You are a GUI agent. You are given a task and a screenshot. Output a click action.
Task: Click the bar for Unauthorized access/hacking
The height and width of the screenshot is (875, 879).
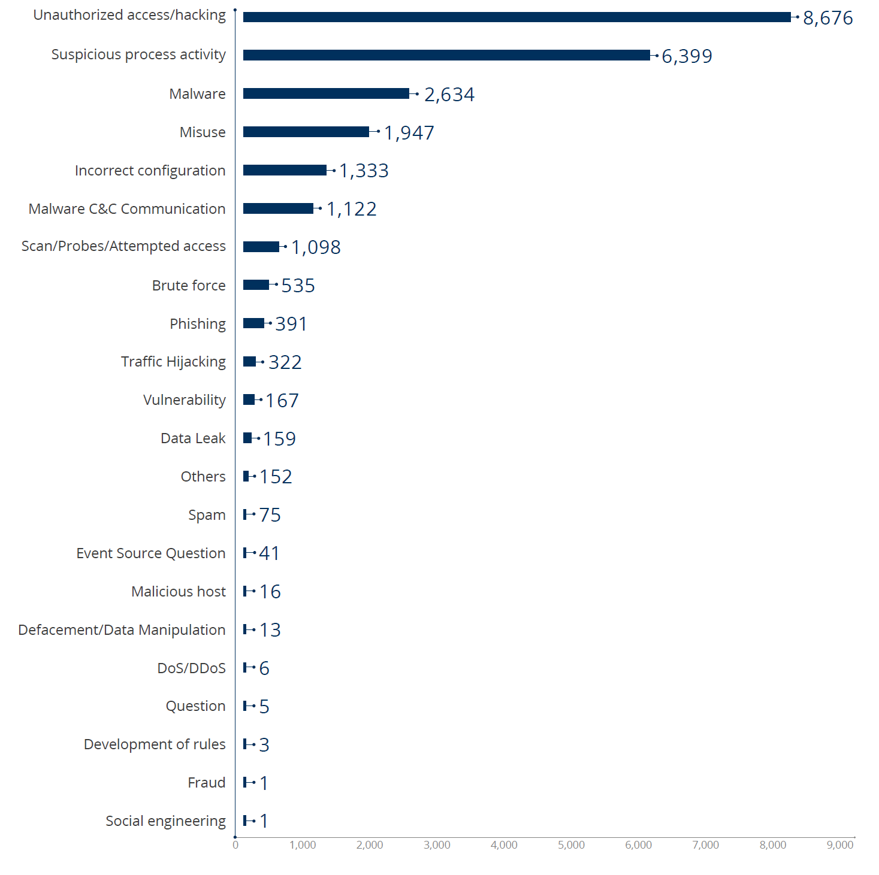pyautogui.click(x=516, y=17)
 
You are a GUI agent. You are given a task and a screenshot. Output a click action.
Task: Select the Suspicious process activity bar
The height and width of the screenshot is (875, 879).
pyautogui.click(x=446, y=55)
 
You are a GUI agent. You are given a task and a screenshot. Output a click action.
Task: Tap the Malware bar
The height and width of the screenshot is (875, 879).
pyautogui.click(x=326, y=93)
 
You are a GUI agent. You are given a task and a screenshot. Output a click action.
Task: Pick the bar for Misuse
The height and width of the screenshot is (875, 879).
pyautogui.click(x=306, y=132)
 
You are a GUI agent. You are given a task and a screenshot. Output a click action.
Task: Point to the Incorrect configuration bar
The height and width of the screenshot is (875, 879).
pyautogui.click(x=285, y=170)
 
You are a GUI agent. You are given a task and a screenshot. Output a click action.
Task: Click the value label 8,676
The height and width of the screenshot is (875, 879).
pyautogui.click(x=827, y=18)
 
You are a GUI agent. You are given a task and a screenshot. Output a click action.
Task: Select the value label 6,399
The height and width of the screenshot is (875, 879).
pyautogui.click(x=687, y=56)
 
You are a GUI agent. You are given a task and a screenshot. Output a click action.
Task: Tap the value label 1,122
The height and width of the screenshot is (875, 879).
pyautogui.click(x=351, y=209)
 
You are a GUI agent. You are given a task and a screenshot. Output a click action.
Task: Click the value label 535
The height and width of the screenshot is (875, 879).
pyautogui.click(x=298, y=286)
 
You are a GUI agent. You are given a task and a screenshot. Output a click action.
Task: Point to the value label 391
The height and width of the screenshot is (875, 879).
pyautogui.click(x=291, y=324)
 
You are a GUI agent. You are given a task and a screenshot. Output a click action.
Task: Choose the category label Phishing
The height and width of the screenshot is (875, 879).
pyautogui.click(x=198, y=324)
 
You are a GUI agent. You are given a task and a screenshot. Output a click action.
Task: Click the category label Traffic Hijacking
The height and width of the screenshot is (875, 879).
pyautogui.click(x=173, y=362)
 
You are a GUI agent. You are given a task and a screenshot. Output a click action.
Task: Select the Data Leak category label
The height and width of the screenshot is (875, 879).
pyautogui.click(x=193, y=438)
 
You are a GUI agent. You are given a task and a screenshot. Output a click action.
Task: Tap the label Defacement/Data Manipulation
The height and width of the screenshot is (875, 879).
pyautogui.click(x=122, y=630)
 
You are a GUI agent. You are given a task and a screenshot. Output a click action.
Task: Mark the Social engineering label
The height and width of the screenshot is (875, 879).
pyautogui.click(x=165, y=821)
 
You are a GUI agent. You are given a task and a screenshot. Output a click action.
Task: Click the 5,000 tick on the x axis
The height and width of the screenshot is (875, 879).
pyautogui.click(x=571, y=845)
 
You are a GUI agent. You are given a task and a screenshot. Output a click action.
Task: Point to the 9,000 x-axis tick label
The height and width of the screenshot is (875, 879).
pyautogui.click(x=840, y=845)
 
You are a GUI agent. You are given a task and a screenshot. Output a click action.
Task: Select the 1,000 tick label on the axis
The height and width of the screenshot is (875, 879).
pyautogui.click(x=303, y=845)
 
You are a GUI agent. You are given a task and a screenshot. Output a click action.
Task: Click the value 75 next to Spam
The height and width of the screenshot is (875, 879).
pyautogui.click(x=270, y=515)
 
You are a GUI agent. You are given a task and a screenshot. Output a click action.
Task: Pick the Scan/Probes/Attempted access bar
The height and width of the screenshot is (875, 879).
pyautogui.click(x=261, y=247)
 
